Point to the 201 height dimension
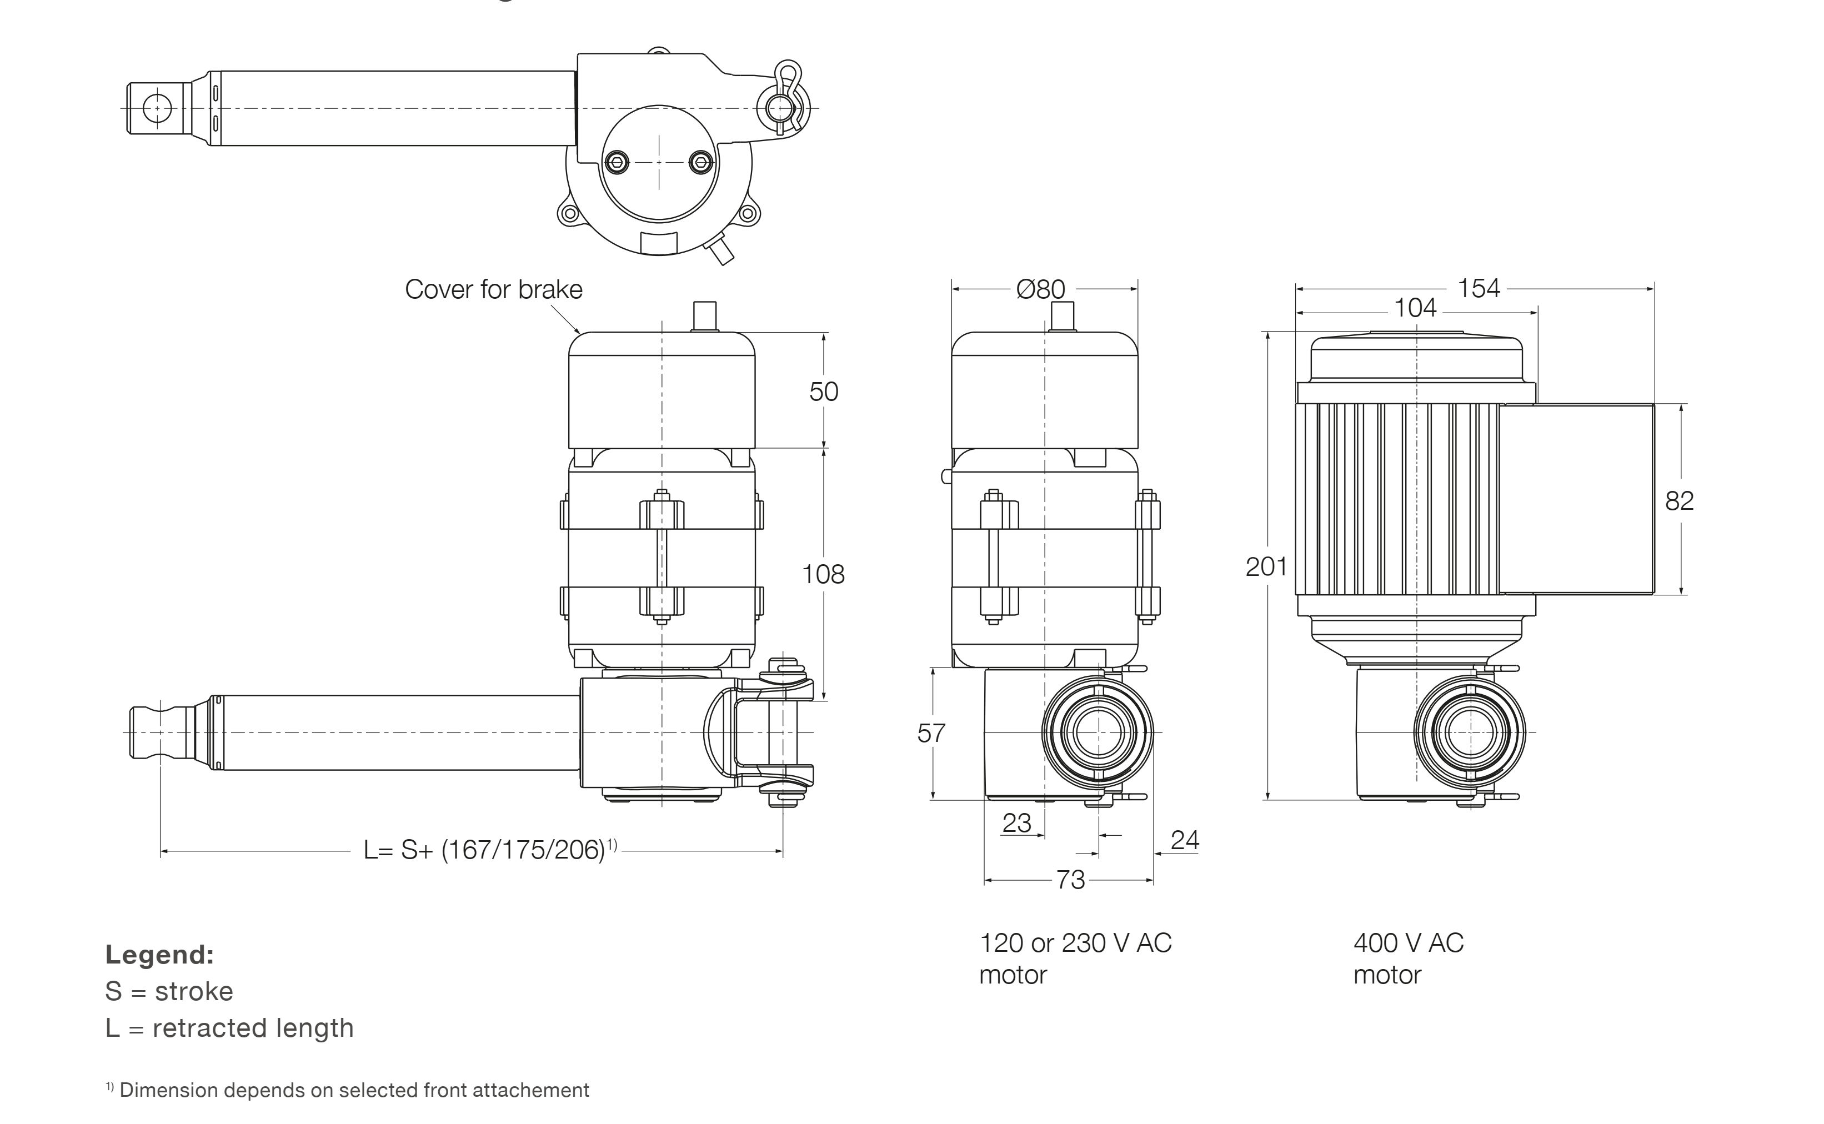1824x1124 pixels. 1266,567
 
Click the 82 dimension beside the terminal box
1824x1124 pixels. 1679,501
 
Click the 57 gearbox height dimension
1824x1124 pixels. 930,734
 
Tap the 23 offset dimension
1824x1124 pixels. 1016,823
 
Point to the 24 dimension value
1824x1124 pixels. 1184,840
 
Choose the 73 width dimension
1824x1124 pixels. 1070,880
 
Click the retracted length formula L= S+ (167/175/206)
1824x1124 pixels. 489,850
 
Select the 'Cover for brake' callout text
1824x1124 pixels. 494,289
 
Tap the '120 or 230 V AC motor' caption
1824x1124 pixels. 1075,958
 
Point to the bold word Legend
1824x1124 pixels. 159,955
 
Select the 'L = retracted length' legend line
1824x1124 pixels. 229,1028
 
